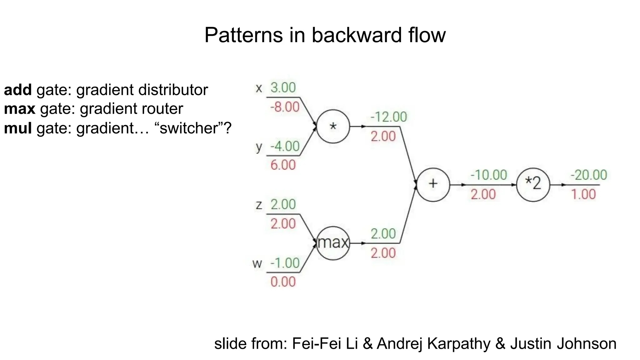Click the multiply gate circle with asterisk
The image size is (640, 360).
pyautogui.click(x=333, y=127)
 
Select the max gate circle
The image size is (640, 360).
pyautogui.click(x=333, y=243)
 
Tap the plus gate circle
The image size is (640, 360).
pyautogui.click(x=433, y=185)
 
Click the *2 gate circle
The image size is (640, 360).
pyautogui.click(x=533, y=185)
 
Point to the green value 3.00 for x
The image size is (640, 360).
pyautogui.click(x=283, y=87)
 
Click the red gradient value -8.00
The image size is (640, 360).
pyautogui.click(x=285, y=107)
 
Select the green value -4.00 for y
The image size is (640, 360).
pyautogui.click(x=285, y=146)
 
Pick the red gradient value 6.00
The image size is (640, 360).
pyautogui.click(x=283, y=165)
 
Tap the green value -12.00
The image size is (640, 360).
pyautogui.click(x=388, y=117)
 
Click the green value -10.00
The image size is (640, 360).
pyautogui.click(x=488, y=175)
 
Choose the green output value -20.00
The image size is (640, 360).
pyautogui.click(x=589, y=175)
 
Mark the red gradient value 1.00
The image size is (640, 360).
pyautogui.click(x=583, y=194)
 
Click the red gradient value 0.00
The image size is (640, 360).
pyautogui.click(x=283, y=282)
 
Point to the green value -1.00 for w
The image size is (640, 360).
pyautogui.click(x=285, y=263)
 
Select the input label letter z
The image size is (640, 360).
pyautogui.click(x=259, y=205)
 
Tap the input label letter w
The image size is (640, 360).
pyautogui.click(x=257, y=264)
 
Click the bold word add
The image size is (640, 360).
pyautogui.click(x=18, y=90)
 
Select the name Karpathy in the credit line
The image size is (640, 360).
pyautogui.click(x=459, y=344)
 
